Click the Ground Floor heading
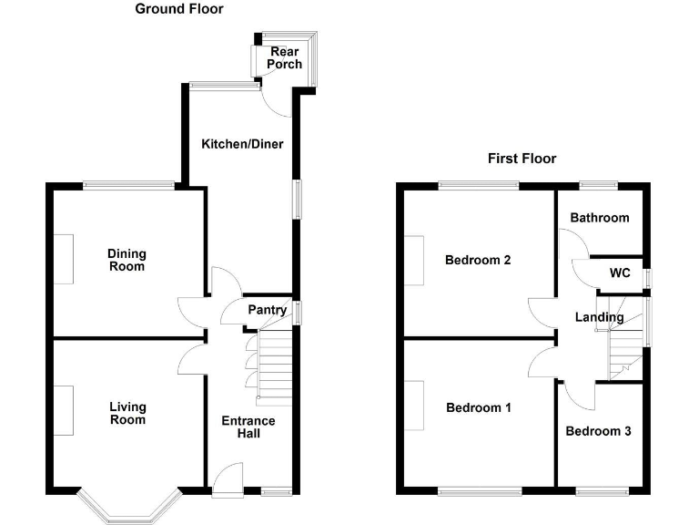tap(179, 9)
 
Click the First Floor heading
tap(522, 159)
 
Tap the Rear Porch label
tap(284, 58)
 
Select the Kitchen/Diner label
tap(242, 144)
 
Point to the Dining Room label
tap(127, 260)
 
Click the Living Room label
tap(127, 413)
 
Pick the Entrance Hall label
tap(248, 427)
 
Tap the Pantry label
tap(268, 310)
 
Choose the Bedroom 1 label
tap(478, 407)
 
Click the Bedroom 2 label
tap(478, 261)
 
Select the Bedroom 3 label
tap(598, 431)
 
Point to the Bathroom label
tap(600, 218)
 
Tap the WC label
tap(620, 273)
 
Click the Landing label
tap(600, 318)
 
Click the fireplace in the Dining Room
tap(62, 259)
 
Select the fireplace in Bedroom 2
tap(414, 261)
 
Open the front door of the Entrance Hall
tap(228, 479)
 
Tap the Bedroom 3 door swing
tap(578, 395)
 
